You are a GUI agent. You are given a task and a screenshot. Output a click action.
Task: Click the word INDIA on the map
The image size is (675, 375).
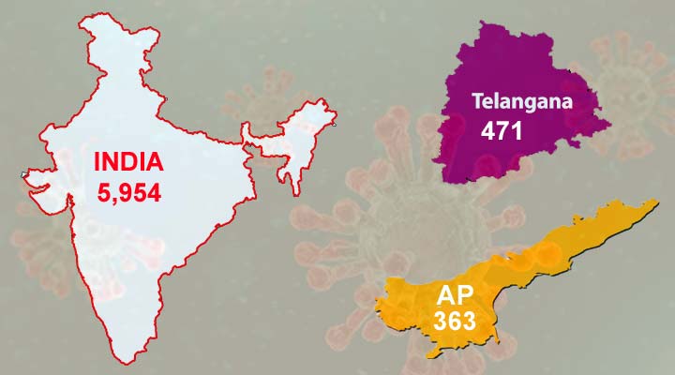tap(129, 162)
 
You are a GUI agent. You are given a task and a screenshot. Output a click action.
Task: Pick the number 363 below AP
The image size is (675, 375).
tap(454, 321)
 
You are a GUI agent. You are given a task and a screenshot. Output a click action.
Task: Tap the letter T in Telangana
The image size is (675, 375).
tap(477, 101)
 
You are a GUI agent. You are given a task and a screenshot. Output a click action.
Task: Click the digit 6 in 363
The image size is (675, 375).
tap(454, 321)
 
